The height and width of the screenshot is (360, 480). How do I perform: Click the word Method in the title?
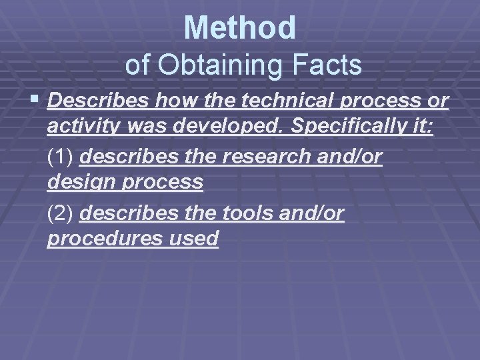coord(239,27)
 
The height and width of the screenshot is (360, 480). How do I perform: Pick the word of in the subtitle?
coord(137,65)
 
